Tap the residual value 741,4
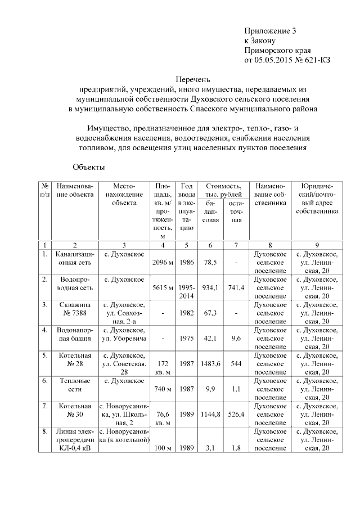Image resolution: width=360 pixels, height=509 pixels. (236, 288)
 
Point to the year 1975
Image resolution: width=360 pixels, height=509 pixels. (186, 338)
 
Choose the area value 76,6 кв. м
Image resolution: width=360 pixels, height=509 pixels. (163, 418)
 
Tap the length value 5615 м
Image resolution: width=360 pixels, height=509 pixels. (163, 288)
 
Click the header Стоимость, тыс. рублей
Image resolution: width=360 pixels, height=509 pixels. (223, 190)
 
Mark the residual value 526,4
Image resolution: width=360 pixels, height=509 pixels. (236, 415)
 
